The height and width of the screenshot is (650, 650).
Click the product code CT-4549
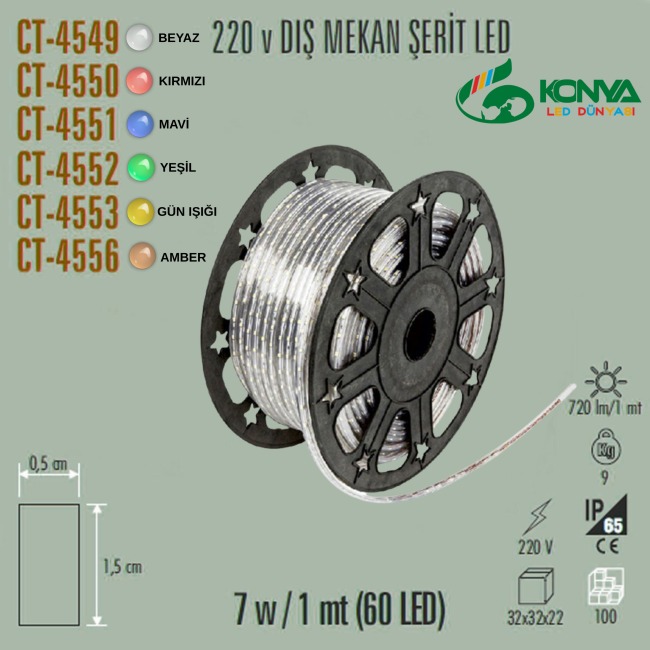(x=68, y=38)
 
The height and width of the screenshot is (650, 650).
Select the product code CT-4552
(x=68, y=168)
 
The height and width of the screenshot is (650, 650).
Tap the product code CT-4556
(x=68, y=255)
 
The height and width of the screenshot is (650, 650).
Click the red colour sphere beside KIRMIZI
(x=139, y=80)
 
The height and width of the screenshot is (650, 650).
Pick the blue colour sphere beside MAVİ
(x=140, y=124)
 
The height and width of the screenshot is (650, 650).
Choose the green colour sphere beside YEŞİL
(x=141, y=167)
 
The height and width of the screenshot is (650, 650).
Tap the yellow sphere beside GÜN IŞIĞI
(x=141, y=212)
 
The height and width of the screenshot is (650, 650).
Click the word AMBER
(x=183, y=257)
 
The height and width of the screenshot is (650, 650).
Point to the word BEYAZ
(x=179, y=38)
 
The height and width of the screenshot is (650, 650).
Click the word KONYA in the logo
(x=590, y=91)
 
